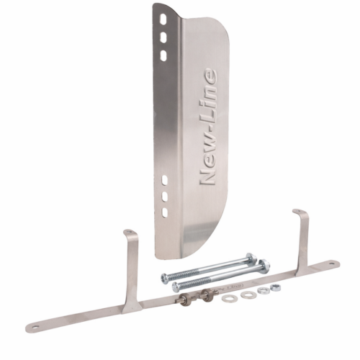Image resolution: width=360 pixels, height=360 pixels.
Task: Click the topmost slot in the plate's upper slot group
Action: (x=163, y=19)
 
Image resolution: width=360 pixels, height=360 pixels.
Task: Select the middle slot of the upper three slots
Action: (x=163, y=37)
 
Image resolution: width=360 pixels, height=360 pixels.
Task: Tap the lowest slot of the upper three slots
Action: (x=163, y=55)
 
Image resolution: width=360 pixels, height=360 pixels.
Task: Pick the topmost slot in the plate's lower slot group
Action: (x=165, y=180)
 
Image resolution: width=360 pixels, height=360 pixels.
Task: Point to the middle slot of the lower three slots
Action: (x=165, y=197)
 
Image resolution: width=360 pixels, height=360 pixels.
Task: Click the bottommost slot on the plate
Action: (x=165, y=212)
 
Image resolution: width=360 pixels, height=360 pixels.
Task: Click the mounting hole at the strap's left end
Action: (x=36, y=327)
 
